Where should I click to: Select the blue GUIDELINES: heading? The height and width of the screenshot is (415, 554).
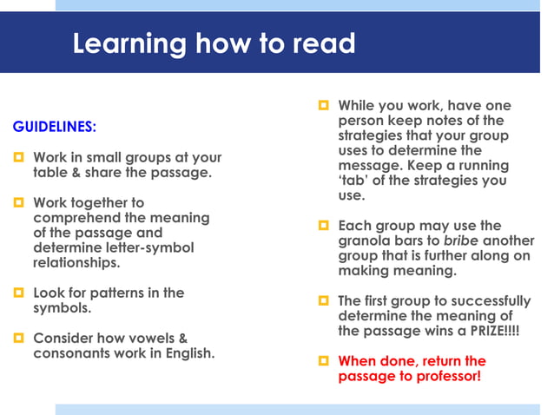[54, 127]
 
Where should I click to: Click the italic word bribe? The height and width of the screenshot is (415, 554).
[460, 240]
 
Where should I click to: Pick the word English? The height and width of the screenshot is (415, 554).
[189, 353]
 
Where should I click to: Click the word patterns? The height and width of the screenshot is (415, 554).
[122, 293]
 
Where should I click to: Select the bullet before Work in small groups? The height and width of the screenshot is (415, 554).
[18, 158]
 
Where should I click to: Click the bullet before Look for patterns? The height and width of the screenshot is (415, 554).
[18, 293]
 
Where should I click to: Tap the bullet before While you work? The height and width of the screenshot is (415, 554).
[323, 106]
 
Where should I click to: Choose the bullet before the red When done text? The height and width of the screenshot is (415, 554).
[323, 361]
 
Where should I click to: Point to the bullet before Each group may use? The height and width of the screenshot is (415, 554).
[323, 226]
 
